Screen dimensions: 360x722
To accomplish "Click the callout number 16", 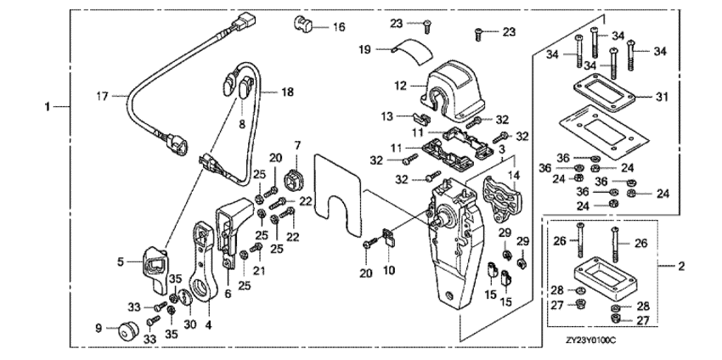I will (x=339, y=27).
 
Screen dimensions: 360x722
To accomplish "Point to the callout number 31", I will (x=663, y=96).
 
